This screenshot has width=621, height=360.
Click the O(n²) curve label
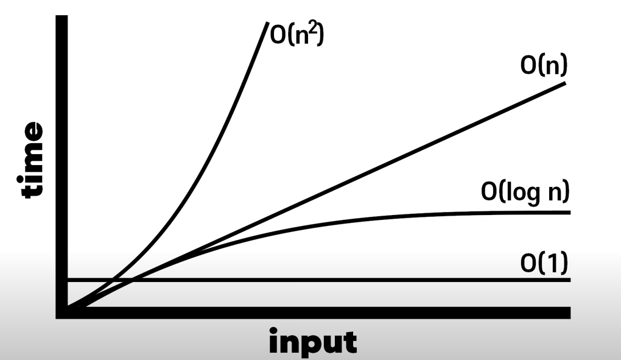pyautogui.click(x=296, y=35)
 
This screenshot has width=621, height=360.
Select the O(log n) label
pyautogui.click(x=524, y=192)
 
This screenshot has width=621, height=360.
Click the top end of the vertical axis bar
pyautogui.click(x=61, y=16)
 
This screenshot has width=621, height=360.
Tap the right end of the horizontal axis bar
pyautogui.click(x=568, y=312)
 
